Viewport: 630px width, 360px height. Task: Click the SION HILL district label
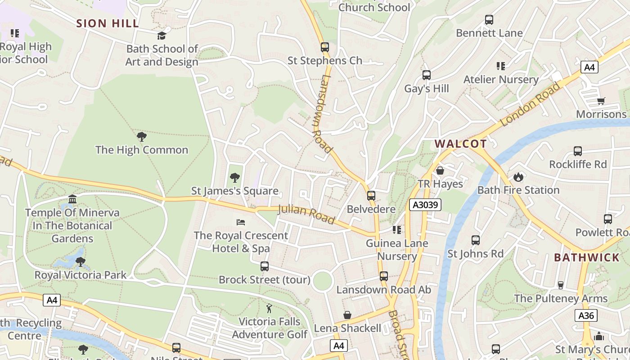(x=108, y=23)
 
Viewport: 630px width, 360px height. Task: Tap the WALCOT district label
(x=460, y=144)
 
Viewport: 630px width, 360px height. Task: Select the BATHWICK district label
(x=587, y=257)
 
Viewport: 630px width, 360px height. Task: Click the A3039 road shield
(x=425, y=205)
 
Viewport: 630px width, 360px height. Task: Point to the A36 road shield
(x=586, y=315)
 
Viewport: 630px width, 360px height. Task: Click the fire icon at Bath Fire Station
(x=518, y=177)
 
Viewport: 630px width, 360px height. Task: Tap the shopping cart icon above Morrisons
(x=601, y=101)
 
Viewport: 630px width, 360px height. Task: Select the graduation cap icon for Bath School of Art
(x=162, y=36)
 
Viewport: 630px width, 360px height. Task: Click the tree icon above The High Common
(x=142, y=136)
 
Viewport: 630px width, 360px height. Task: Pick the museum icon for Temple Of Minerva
(x=72, y=199)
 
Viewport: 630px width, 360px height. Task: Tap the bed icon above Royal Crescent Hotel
(x=241, y=222)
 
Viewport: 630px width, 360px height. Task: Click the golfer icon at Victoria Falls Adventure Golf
(x=269, y=308)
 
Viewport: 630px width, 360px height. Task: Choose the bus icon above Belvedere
(x=371, y=196)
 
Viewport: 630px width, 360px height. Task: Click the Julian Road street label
(x=306, y=214)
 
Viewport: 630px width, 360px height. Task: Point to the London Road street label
(x=531, y=104)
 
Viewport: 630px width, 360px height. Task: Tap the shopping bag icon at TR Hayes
(x=440, y=171)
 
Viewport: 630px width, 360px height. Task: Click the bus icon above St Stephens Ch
(x=324, y=47)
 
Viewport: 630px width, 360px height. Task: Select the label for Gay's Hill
(x=427, y=89)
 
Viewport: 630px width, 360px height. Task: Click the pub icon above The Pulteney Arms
(x=560, y=285)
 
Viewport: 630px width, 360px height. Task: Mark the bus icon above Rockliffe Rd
(x=578, y=151)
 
